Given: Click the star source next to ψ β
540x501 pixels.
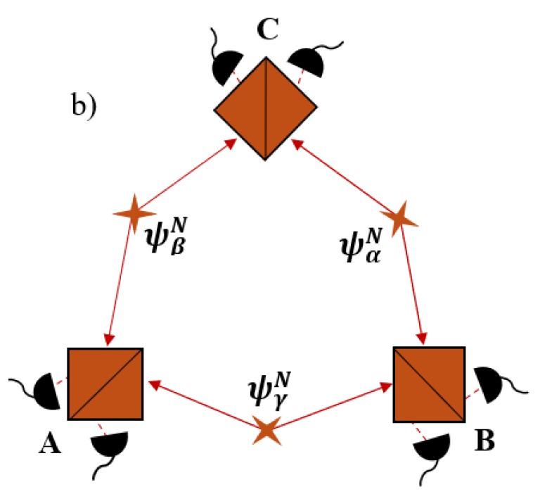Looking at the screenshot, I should tap(133, 213).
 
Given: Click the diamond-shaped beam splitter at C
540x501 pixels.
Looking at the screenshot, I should tap(265, 109).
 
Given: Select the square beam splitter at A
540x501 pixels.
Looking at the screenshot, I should tap(105, 385).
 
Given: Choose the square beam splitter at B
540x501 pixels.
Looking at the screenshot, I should tap(429, 385).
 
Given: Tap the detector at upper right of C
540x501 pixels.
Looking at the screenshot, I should tap(307, 63).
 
